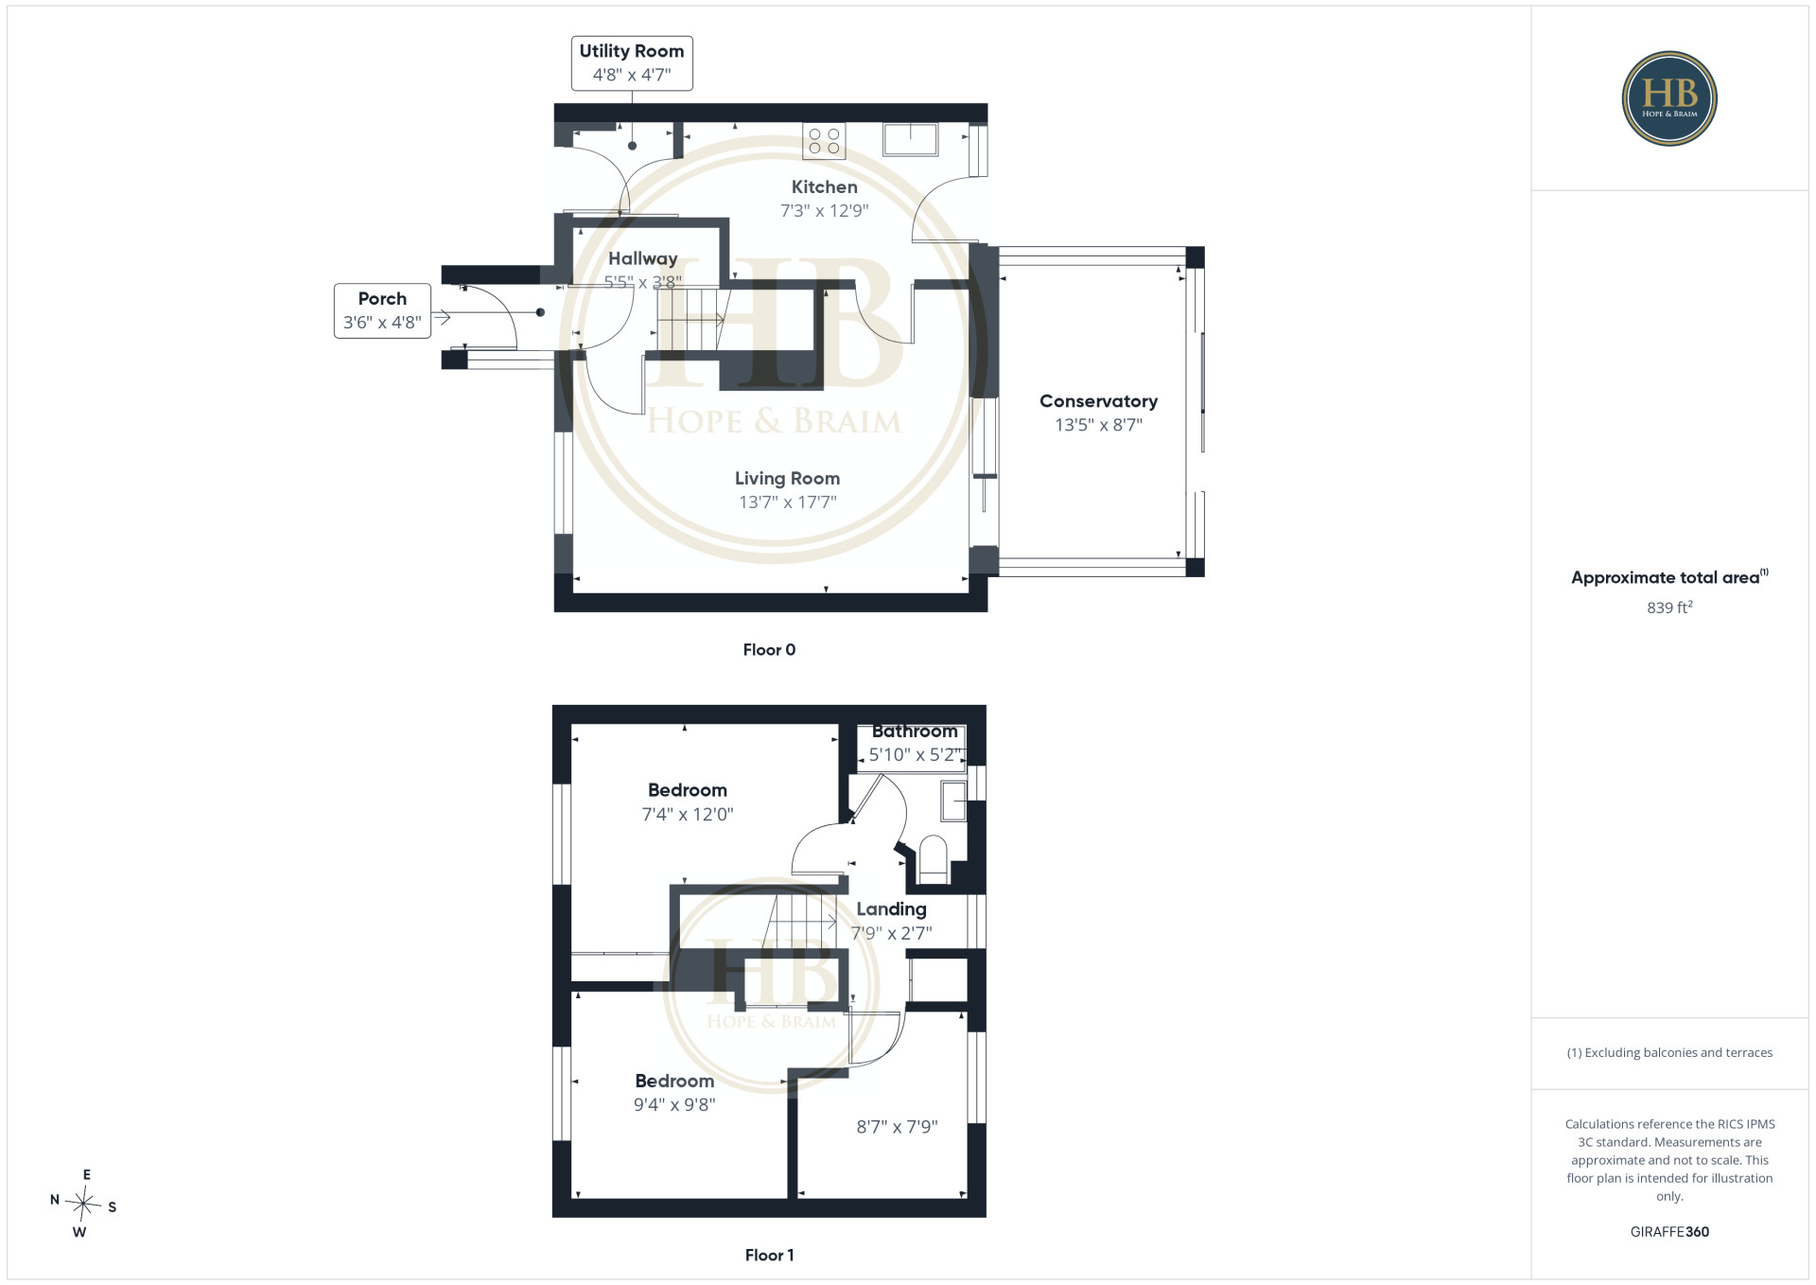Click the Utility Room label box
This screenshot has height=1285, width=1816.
point(632,63)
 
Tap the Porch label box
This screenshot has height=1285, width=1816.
point(382,310)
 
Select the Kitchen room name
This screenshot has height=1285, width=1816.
point(825,187)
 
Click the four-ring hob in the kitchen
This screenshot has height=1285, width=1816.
point(824,141)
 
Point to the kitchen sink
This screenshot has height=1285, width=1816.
point(910,139)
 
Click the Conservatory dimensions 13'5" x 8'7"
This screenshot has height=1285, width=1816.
point(1098,425)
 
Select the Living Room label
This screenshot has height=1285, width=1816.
point(787,479)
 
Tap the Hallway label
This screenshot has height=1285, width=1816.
point(643,259)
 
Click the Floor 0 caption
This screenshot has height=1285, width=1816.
point(769,650)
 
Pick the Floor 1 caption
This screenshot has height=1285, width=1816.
point(769,1256)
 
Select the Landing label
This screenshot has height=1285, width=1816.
point(891,909)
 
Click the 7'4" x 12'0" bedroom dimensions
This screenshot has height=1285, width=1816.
point(688,814)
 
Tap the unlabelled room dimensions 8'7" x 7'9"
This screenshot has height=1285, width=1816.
point(897,1127)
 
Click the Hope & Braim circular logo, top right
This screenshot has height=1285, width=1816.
point(1669,98)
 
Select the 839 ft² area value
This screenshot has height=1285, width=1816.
point(1669,607)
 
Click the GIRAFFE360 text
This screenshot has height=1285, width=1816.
point(1669,1232)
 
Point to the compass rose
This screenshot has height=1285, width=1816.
point(83,1204)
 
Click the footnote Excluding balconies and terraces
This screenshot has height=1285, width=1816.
point(1669,1052)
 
